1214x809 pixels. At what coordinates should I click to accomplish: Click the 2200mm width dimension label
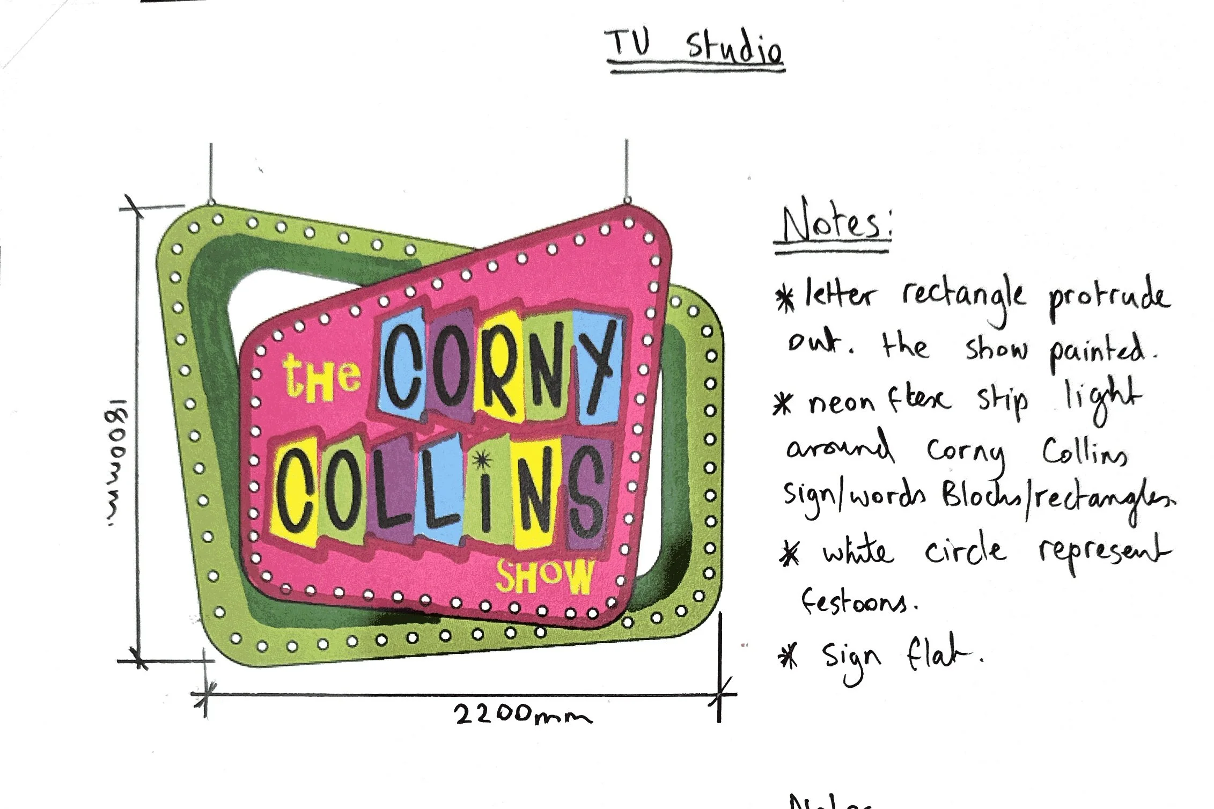524,715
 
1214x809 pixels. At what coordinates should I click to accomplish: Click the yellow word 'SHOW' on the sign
545,577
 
